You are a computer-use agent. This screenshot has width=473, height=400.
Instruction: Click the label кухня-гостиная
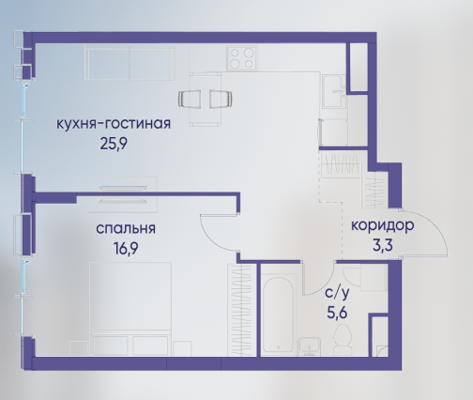[114, 124]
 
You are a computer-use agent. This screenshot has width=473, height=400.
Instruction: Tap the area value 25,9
[114, 144]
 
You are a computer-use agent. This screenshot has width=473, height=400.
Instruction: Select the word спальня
[126, 228]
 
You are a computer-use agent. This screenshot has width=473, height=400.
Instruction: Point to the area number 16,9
[126, 249]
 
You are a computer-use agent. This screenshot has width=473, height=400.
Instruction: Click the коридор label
[383, 226]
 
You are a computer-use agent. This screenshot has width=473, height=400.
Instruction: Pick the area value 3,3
[383, 245]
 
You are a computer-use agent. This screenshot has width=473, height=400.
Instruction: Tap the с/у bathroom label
[337, 293]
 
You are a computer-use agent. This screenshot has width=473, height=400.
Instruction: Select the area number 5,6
[337, 312]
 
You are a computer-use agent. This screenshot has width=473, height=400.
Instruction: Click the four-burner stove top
[242, 58]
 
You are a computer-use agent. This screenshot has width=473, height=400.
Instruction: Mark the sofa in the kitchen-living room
[130, 62]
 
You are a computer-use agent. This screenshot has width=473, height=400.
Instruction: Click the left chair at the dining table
[190, 99]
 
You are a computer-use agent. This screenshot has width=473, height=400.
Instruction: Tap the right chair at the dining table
[221, 99]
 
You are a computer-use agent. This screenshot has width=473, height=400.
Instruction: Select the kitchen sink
[334, 91]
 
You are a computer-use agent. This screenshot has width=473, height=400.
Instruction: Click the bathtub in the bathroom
[279, 314]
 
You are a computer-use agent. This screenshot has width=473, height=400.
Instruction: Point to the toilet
[343, 340]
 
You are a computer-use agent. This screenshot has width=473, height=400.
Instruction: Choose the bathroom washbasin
[309, 346]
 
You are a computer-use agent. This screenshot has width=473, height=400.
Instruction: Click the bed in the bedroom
[130, 309]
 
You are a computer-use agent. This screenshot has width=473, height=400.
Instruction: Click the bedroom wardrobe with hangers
[240, 310]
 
